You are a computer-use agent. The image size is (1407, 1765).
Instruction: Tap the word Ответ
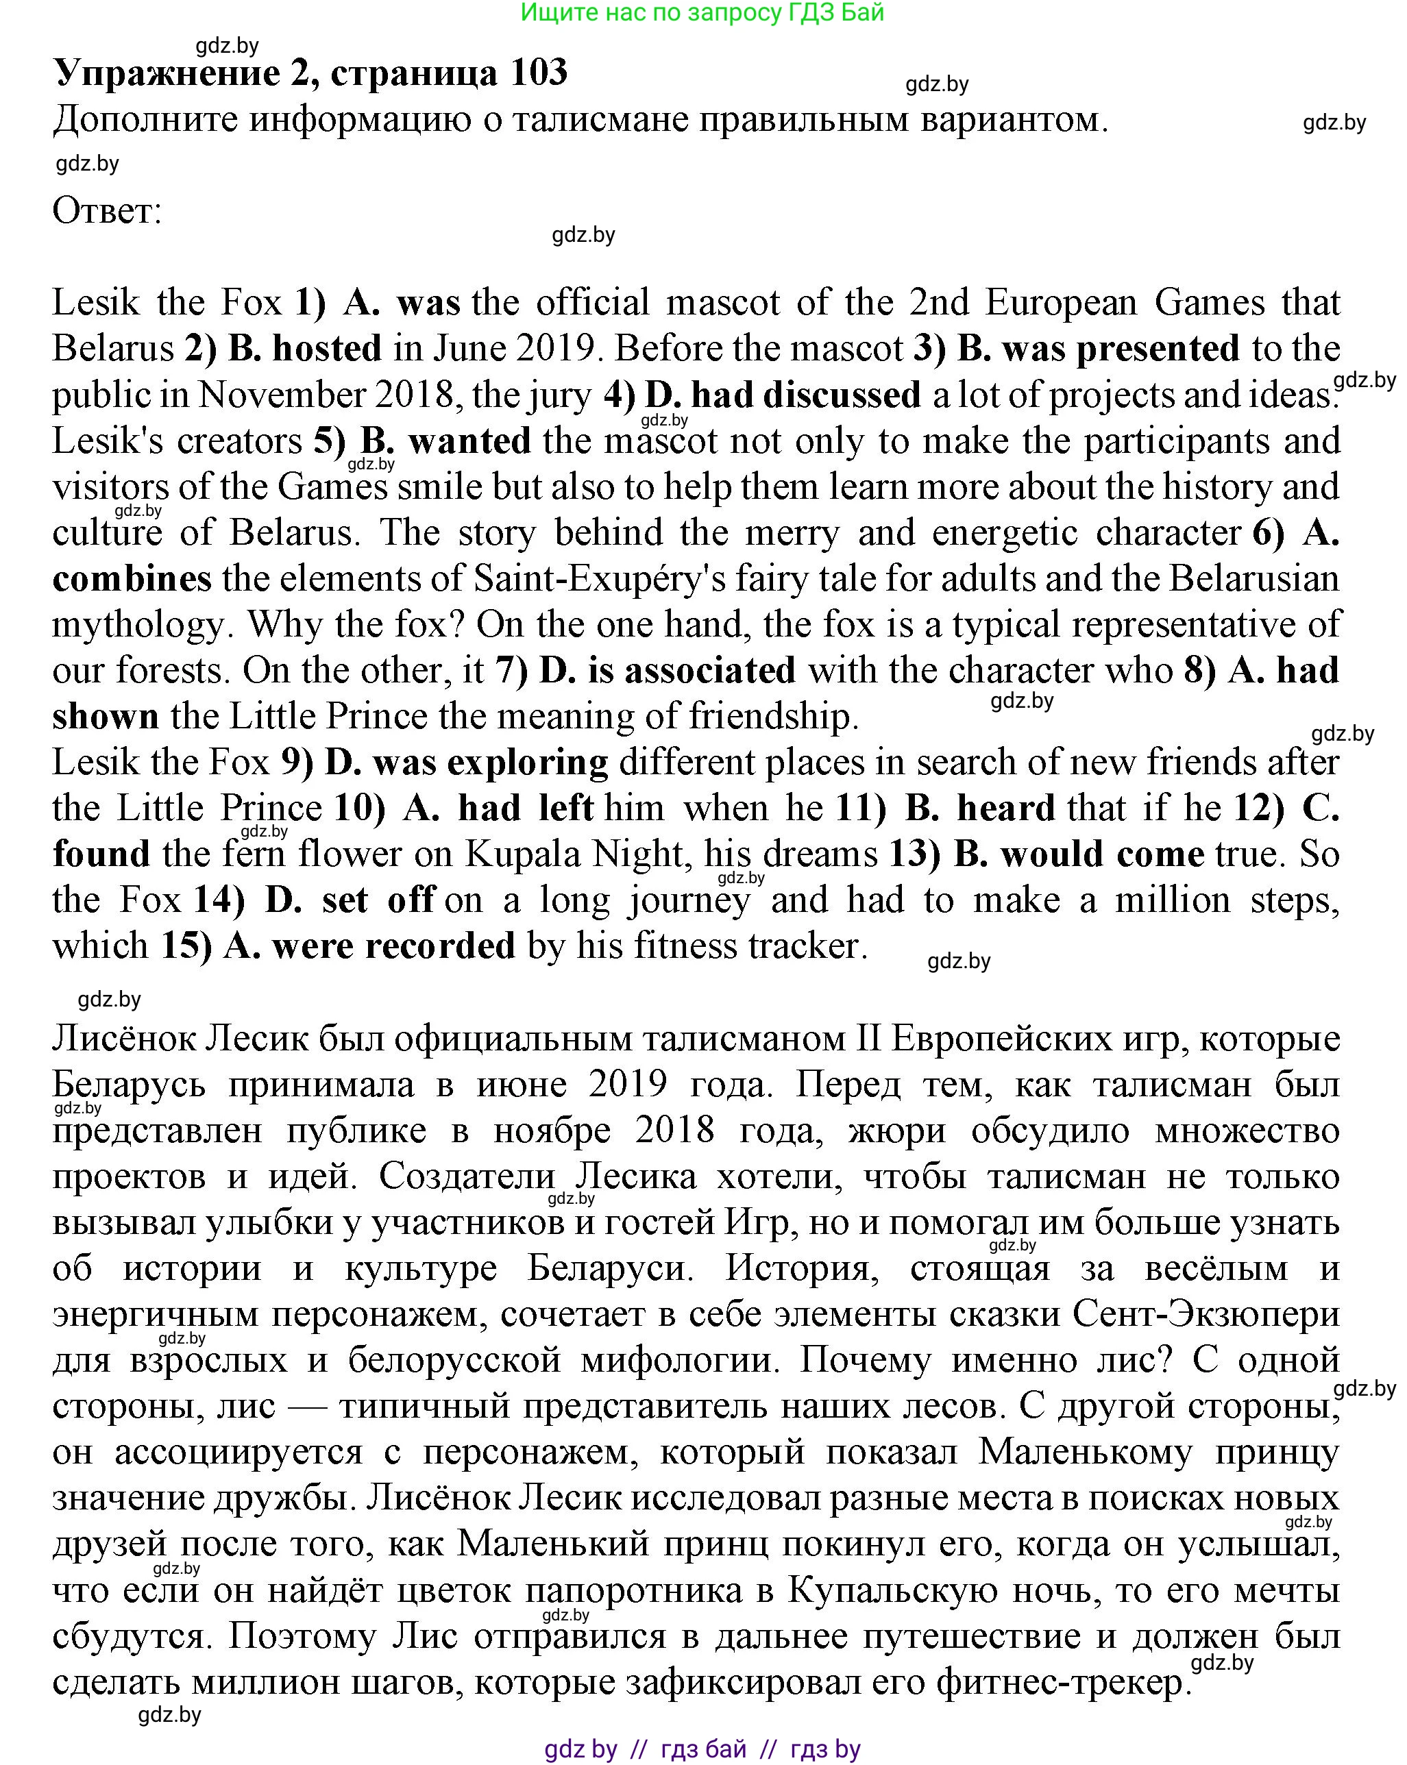(x=106, y=211)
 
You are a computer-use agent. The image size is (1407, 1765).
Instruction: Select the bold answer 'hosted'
(x=327, y=349)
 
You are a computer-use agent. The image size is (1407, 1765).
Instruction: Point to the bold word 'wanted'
(x=469, y=441)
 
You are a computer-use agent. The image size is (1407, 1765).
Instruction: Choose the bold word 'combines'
(x=132, y=579)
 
